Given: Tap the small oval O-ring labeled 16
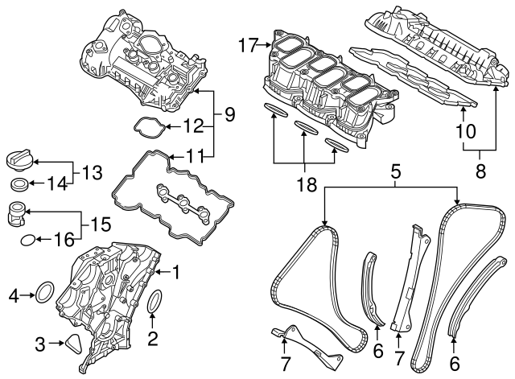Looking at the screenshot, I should pos(27,239).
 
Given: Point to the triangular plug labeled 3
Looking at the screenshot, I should pos(75,344).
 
